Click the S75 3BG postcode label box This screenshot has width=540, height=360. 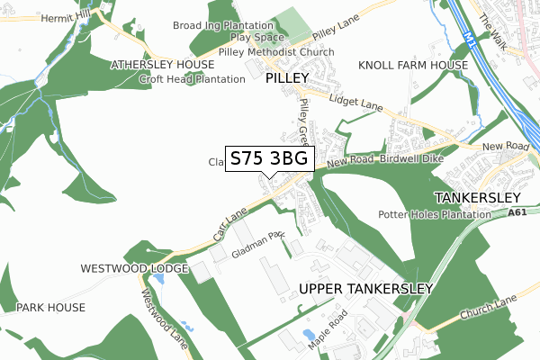coord(269,159)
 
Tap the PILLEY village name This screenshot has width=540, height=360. coord(287,78)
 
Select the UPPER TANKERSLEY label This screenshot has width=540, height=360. coord(365,289)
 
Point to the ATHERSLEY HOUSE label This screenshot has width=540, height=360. coord(162,65)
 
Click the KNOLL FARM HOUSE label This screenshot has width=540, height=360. coord(413,66)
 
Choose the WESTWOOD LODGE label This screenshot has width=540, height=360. coord(134,268)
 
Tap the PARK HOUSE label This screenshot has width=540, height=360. coord(50,308)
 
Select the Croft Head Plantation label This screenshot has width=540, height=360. coord(192,79)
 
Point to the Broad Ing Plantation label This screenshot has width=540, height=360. coord(222,26)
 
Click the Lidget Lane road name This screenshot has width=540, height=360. coord(356,102)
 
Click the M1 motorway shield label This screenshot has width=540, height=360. coord(472,38)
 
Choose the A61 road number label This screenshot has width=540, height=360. coord(517,213)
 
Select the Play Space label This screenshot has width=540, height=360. coord(257,38)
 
